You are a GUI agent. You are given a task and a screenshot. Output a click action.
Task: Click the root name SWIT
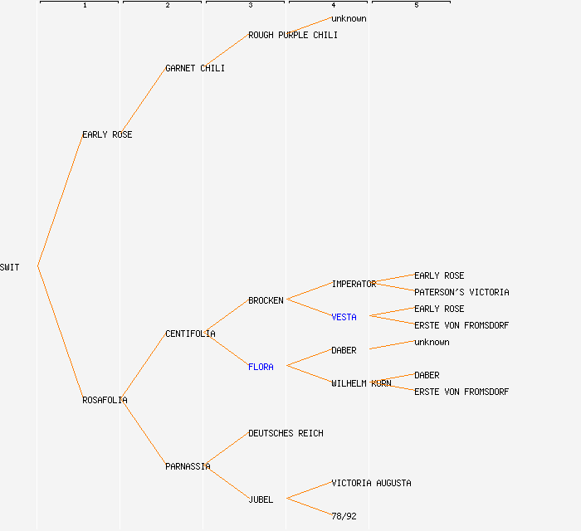pos(10,267)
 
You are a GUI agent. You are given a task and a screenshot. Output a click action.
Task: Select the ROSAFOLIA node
pos(105,400)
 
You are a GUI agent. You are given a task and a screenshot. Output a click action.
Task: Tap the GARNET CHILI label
pos(195,68)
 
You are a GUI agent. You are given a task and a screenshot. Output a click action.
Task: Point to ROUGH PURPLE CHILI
pos(293,35)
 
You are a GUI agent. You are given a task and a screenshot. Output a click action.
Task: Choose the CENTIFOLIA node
pos(190,334)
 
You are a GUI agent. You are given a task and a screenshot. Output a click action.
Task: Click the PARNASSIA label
pos(188,466)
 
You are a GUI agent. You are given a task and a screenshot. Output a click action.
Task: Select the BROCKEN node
pos(266,300)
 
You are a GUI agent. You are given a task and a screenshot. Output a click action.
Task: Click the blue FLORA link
pos(261,367)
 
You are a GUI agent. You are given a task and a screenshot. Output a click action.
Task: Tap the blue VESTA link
pos(344,317)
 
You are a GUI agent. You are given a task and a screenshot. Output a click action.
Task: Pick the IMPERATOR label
pos(354,284)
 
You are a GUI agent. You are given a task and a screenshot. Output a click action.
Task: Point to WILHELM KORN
pos(361,383)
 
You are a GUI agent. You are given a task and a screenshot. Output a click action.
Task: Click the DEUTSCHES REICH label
pos(286,433)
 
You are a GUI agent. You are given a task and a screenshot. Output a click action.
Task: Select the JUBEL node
pos(261,499)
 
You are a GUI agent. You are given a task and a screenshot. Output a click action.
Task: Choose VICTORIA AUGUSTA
pos(371,483)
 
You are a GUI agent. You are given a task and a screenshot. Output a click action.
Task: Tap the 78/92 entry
pos(344,516)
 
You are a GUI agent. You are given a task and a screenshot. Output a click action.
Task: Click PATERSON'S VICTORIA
pos(461,292)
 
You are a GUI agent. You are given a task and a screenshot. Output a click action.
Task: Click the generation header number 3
pos(250,6)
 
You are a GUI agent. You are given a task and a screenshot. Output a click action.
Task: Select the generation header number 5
pos(416,6)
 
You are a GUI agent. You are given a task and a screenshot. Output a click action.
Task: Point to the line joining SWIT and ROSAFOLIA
pos(60,333)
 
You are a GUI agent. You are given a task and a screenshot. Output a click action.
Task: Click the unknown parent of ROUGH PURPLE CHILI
pos(349,18)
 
